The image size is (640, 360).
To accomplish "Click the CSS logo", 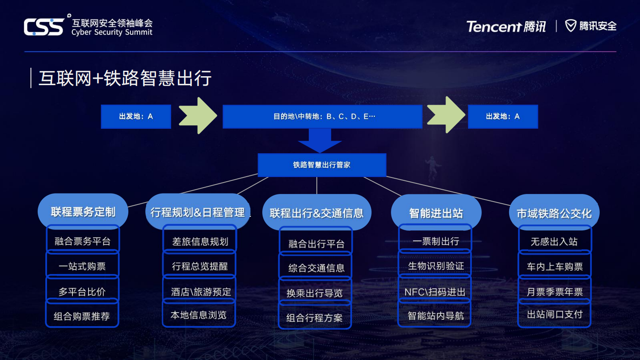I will click(x=44, y=27).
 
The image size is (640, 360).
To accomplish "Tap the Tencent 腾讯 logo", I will click(x=506, y=26).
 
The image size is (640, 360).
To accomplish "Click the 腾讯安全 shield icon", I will click(x=571, y=26).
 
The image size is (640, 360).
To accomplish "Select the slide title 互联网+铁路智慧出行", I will click(x=125, y=78).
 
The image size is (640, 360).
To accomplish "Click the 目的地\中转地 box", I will click(x=322, y=116).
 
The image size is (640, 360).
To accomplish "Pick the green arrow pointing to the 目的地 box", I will click(x=198, y=116).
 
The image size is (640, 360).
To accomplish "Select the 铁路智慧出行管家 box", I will click(x=322, y=165).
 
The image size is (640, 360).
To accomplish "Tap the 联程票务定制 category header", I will click(x=83, y=212).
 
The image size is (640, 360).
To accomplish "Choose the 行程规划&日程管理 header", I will click(x=197, y=212).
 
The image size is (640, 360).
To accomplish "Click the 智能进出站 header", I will click(x=436, y=213).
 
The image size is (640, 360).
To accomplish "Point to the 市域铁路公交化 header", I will click(x=554, y=213).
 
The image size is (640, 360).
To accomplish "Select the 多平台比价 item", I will click(x=82, y=291).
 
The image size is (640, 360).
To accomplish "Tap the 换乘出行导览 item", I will click(x=315, y=293).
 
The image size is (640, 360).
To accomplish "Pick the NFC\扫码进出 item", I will click(x=435, y=292).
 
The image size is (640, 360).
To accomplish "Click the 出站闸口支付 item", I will click(x=554, y=314).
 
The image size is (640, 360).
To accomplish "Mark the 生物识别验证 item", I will click(x=436, y=266).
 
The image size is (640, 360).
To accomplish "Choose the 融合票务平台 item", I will click(x=83, y=241).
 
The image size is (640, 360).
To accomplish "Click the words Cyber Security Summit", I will click(x=112, y=32).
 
